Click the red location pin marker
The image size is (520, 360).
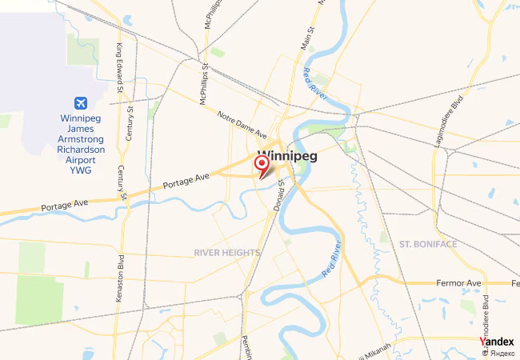(262, 165)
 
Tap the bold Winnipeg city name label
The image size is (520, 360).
(287, 156)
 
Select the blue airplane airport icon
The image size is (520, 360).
(81, 103)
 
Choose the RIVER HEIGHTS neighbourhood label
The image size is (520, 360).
(227, 253)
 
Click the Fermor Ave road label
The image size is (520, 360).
(458, 284)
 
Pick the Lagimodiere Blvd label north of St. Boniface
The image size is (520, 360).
(450, 121)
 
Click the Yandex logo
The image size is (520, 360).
(497, 342)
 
